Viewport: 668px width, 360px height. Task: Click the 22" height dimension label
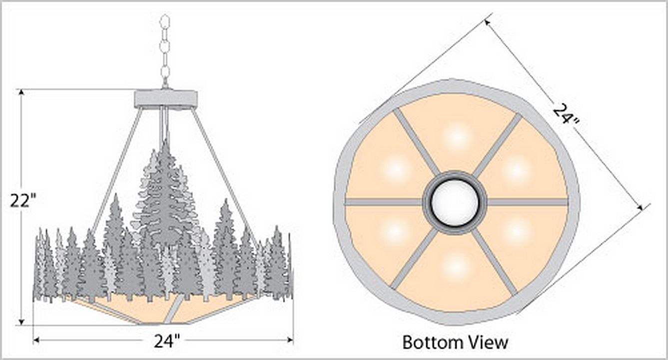(x=23, y=200)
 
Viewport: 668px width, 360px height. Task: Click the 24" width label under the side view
(x=167, y=341)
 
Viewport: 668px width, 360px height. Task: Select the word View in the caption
(x=488, y=342)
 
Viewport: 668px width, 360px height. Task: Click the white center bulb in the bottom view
(x=455, y=202)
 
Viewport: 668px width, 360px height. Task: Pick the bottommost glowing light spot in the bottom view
(x=456, y=265)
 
